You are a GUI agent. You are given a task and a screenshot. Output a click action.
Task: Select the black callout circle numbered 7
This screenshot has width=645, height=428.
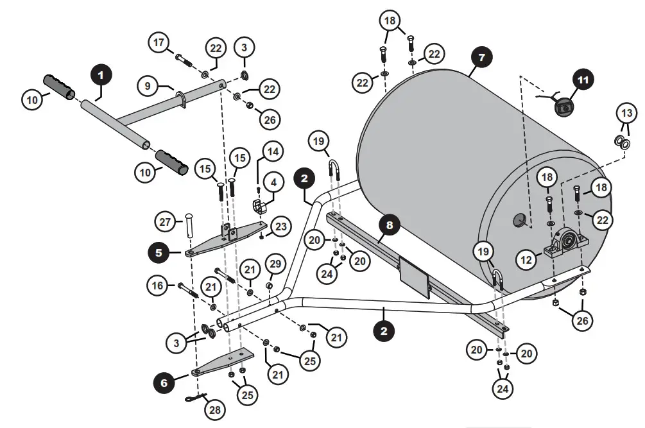(481, 57)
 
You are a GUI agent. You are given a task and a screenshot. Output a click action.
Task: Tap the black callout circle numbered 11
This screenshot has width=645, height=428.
(583, 80)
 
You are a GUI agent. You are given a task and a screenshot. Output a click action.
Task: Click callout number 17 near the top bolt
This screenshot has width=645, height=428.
(159, 43)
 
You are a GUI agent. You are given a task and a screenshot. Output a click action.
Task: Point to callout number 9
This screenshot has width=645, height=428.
(147, 85)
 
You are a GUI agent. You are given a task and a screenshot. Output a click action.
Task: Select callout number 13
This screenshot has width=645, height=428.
(626, 113)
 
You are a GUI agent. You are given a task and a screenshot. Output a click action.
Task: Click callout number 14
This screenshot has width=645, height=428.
(273, 153)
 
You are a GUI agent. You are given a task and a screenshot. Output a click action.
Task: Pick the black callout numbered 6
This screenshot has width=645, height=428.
(165, 383)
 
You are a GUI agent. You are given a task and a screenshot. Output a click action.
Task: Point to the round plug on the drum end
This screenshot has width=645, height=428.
(519, 221)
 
